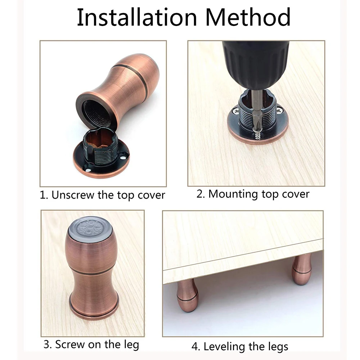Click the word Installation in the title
137,17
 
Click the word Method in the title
248,17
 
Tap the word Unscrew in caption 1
73,195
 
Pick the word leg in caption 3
131,345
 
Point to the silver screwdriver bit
256,111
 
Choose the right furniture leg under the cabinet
301,269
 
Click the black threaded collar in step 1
101,147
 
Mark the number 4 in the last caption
195,347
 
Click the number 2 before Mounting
200,194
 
